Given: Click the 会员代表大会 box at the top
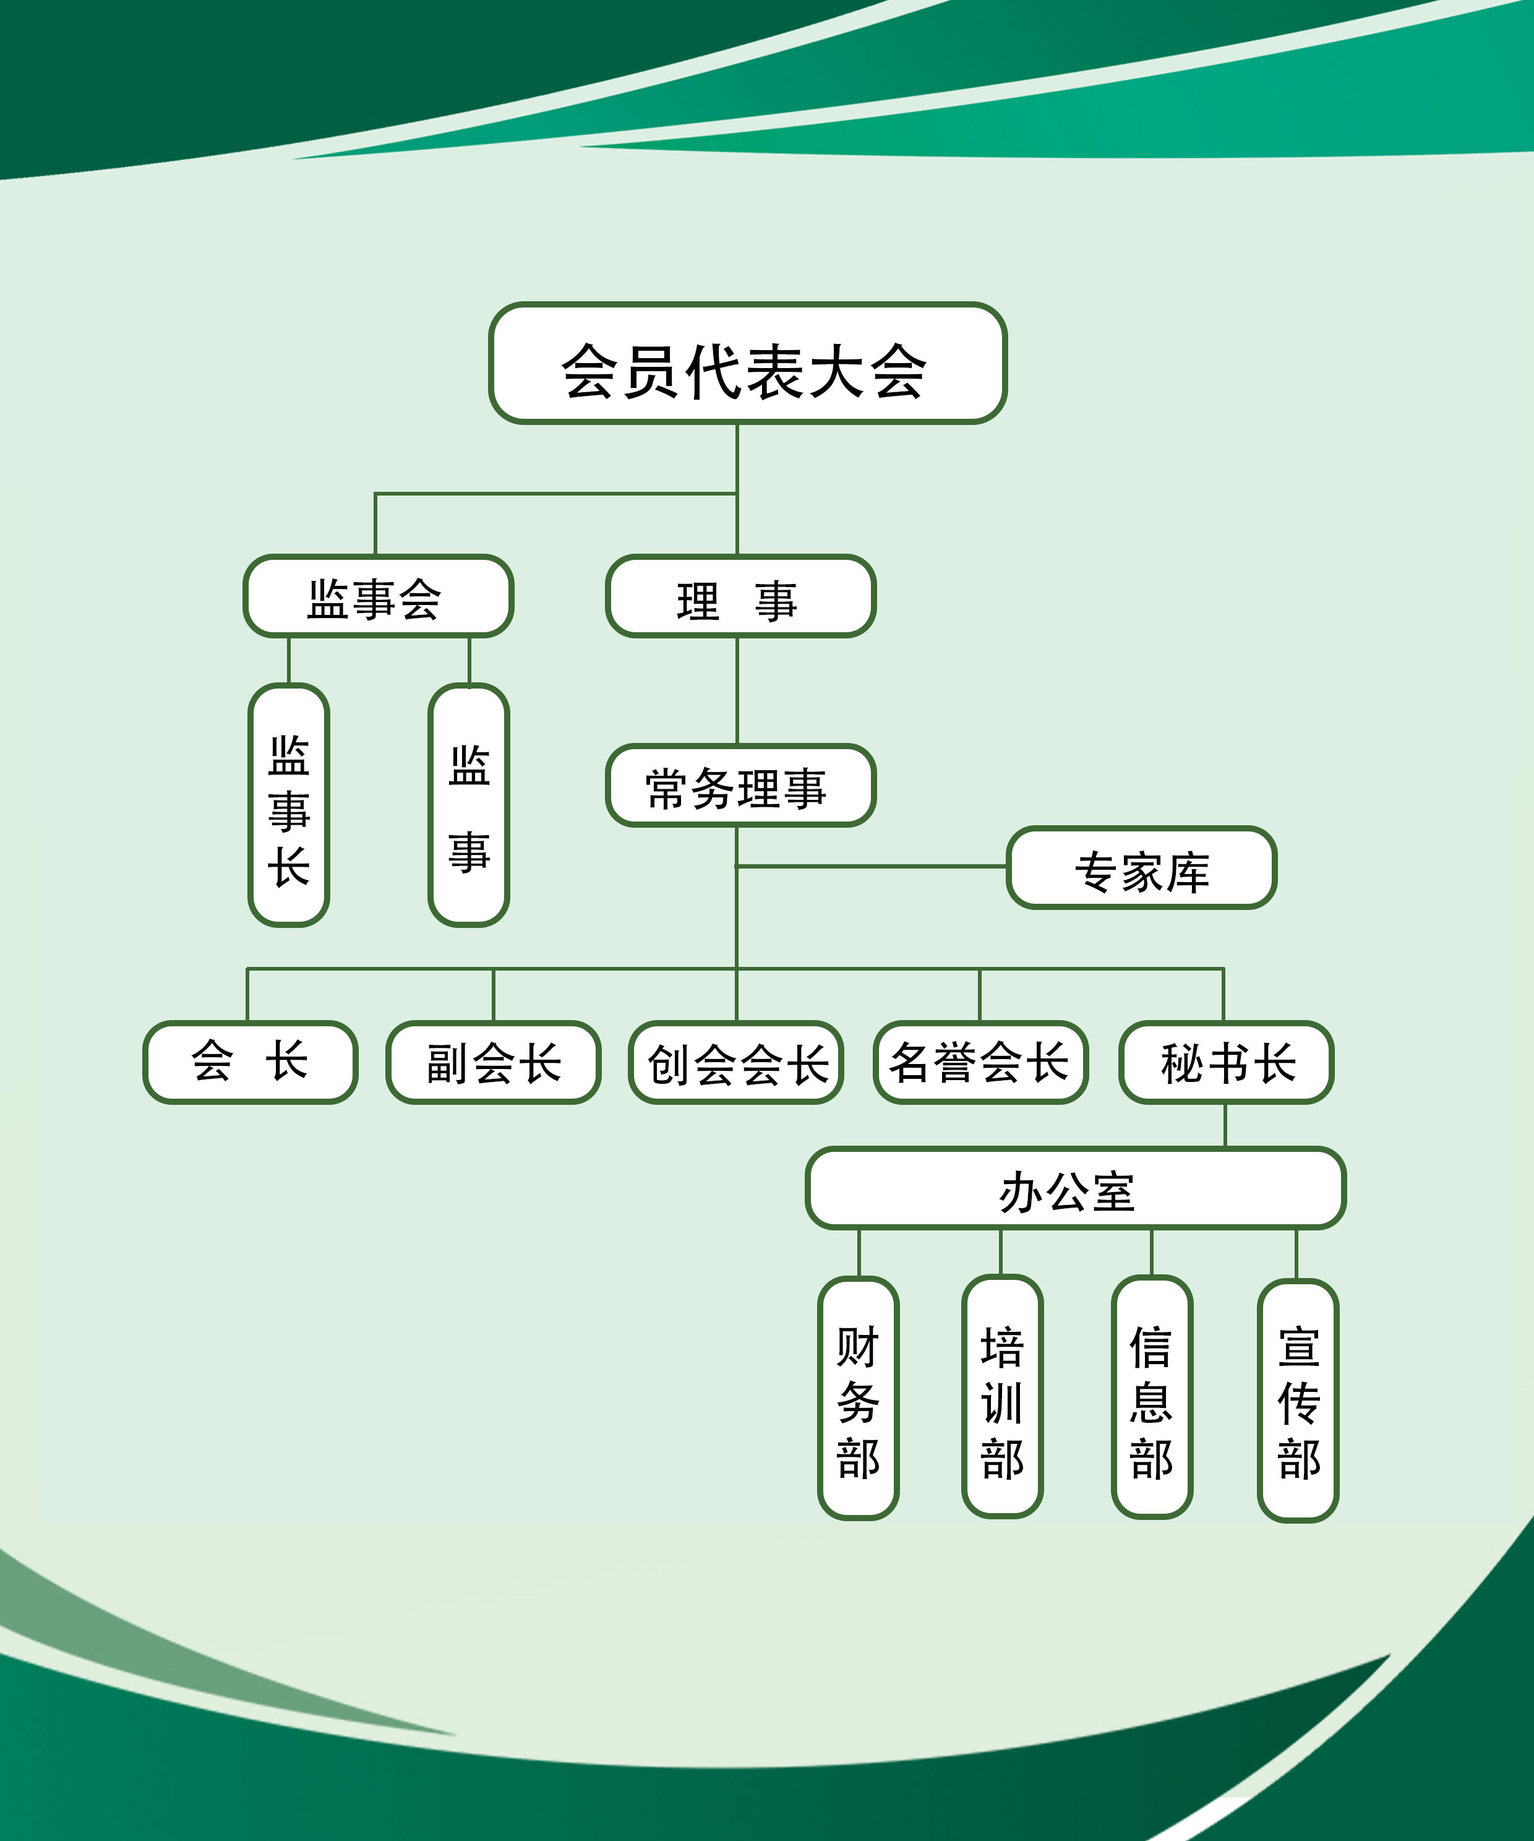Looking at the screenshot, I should [x=747, y=364].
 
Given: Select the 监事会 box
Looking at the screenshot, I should [x=378, y=596].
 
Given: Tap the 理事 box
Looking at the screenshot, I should [x=740, y=596].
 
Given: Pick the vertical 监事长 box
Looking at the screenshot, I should [x=288, y=805].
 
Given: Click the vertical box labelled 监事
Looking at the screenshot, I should [x=469, y=805].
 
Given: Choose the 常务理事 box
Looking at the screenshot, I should [x=740, y=786].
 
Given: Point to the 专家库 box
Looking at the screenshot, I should [x=1141, y=868].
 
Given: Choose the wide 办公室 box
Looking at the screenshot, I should [x=1076, y=1189].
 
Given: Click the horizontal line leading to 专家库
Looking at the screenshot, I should [x=872, y=866].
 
